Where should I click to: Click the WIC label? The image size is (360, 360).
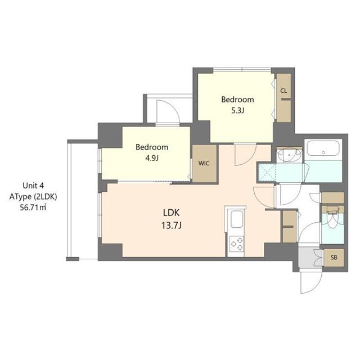(203, 164)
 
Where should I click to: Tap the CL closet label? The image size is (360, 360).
(283, 91)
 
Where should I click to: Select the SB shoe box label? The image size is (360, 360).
(334, 258)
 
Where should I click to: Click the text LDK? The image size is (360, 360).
(172, 214)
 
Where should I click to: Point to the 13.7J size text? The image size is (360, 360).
(172, 226)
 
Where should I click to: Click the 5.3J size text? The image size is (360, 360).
(237, 110)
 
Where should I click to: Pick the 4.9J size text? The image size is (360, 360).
(152, 158)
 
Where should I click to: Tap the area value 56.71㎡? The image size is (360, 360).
(37, 207)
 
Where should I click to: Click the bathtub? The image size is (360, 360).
(324, 150)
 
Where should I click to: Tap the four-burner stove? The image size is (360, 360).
(236, 245)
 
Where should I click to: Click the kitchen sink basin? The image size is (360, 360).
(235, 219)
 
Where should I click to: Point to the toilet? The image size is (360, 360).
(332, 219)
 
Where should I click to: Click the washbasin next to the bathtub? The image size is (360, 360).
(290, 154)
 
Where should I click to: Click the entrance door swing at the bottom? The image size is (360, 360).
(311, 280)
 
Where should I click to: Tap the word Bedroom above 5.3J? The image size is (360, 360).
(237, 100)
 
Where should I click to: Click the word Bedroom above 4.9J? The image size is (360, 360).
(152, 147)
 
